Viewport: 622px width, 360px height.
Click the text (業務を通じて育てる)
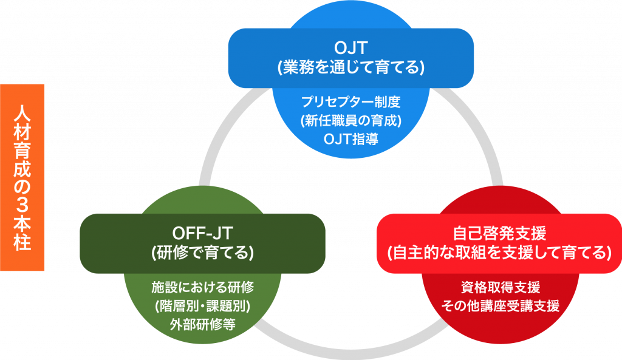tap(350, 67)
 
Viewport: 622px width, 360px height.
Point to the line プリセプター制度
tap(350, 101)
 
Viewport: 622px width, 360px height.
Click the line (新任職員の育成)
tap(350, 120)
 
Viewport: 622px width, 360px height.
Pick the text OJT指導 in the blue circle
tap(350, 139)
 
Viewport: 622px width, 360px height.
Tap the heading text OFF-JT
tap(203, 232)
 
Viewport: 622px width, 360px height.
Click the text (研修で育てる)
tap(203, 251)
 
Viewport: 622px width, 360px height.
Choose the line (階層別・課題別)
tap(202, 304)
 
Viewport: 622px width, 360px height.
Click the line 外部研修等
tap(202, 324)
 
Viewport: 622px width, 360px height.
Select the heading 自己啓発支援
tap(499, 233)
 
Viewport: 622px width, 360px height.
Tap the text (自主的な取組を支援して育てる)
tap(499, 253)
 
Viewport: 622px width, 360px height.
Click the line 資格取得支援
tap(499, 286)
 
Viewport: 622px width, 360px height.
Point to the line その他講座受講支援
tap(499, 305)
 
